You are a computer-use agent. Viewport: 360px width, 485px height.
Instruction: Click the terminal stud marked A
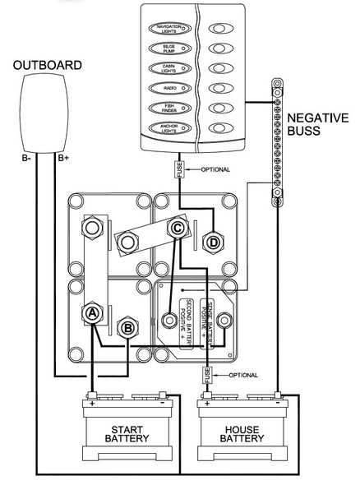92,312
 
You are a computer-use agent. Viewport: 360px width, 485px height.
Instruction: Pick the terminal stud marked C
177,229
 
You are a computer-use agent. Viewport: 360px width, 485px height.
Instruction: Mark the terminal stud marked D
213,242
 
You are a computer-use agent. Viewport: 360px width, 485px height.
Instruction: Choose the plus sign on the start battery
91,403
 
